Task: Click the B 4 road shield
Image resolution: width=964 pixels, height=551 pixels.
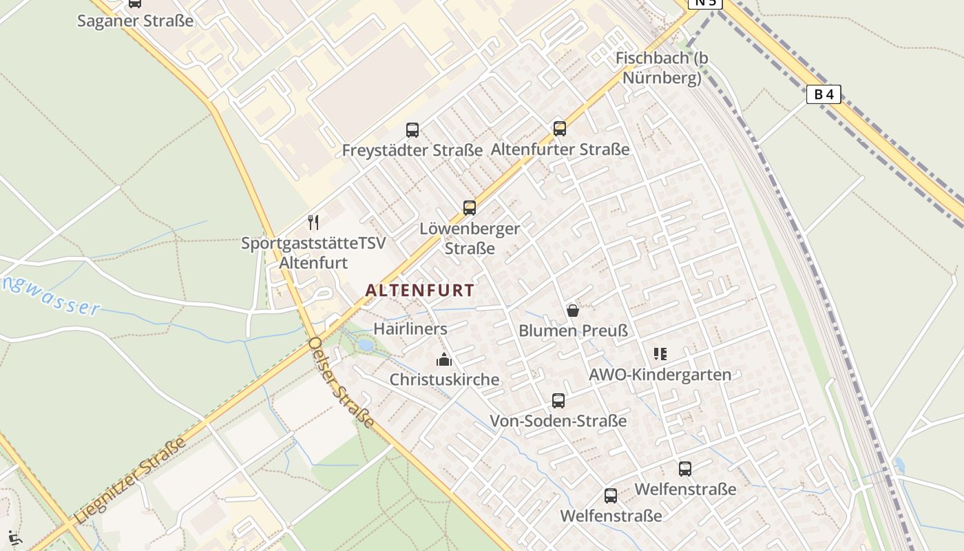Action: [824, 94]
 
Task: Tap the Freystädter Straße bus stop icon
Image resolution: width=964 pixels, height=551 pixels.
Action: [412, 129]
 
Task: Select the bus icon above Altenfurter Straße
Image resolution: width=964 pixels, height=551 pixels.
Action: [560, 128]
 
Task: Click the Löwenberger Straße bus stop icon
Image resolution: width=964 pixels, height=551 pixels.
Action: [470, 207]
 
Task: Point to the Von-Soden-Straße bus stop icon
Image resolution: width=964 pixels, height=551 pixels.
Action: [558, 400]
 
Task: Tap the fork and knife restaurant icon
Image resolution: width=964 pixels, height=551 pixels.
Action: [313, 222]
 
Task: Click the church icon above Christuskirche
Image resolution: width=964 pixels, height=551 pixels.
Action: [444, 360]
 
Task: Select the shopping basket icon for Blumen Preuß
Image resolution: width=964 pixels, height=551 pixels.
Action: [573, 311]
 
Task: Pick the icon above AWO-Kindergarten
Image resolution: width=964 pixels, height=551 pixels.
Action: [660, 354]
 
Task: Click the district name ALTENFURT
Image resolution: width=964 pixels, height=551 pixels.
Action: [420, 291]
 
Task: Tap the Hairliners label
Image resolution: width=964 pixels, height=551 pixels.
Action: [410, 329]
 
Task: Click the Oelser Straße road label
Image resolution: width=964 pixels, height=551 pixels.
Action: [342, 382]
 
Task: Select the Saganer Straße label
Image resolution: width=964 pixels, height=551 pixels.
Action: [135, 21]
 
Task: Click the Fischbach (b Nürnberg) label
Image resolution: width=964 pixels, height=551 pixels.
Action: [662, 67]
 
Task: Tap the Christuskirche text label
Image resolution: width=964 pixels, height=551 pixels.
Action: [445, 380]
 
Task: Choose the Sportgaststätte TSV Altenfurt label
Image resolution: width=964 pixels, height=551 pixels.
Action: [313, 253]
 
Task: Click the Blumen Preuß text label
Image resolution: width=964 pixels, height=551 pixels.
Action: [574, 331]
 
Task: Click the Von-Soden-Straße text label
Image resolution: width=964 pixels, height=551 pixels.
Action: [558, 421]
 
